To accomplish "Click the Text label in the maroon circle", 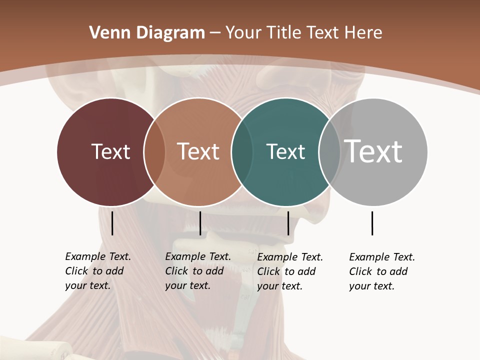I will click(x=110, y=151).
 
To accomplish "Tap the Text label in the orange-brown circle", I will click(x=198, y=151).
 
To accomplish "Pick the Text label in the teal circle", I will click(x=285, y=151).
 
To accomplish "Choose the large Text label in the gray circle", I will click(x=373, y=151).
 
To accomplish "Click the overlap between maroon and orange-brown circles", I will click(x=154, y=152).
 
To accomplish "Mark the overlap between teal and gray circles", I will click(x=329, y=152).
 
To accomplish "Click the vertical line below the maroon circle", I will click(x=112, y=223).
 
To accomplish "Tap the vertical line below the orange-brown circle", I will click(x=200, y=223).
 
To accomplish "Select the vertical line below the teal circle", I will click(x=288, y=223).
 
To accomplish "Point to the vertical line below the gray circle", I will click(x=372, y=223).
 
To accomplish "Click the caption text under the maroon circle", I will click(x=97, y=271).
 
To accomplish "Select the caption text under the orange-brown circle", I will click(x=197, y=271).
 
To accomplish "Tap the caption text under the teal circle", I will click(x=289, y=271).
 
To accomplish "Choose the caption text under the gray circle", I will click(x=381, y=271).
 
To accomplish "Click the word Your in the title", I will click(x=244, y=32).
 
